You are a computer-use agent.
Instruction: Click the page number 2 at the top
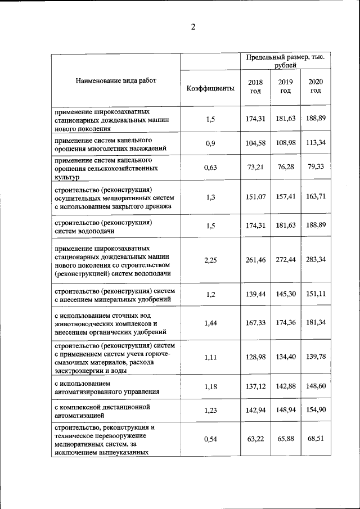click(x=193, y=27)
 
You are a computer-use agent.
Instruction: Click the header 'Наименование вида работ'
click(x=116, y=80)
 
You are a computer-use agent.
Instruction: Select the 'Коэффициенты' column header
click(x=210, y=88)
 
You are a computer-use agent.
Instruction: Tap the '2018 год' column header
click(x=255, y=86)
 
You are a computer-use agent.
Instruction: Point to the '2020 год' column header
click(x=316, y=86)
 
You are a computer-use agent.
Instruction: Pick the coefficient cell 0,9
click(x=210, y=143)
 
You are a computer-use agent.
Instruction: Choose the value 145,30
click(x=285, y=295)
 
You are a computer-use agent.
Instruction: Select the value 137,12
click(x=255, y=385)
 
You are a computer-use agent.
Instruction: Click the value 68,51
click(x=316, y=439)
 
